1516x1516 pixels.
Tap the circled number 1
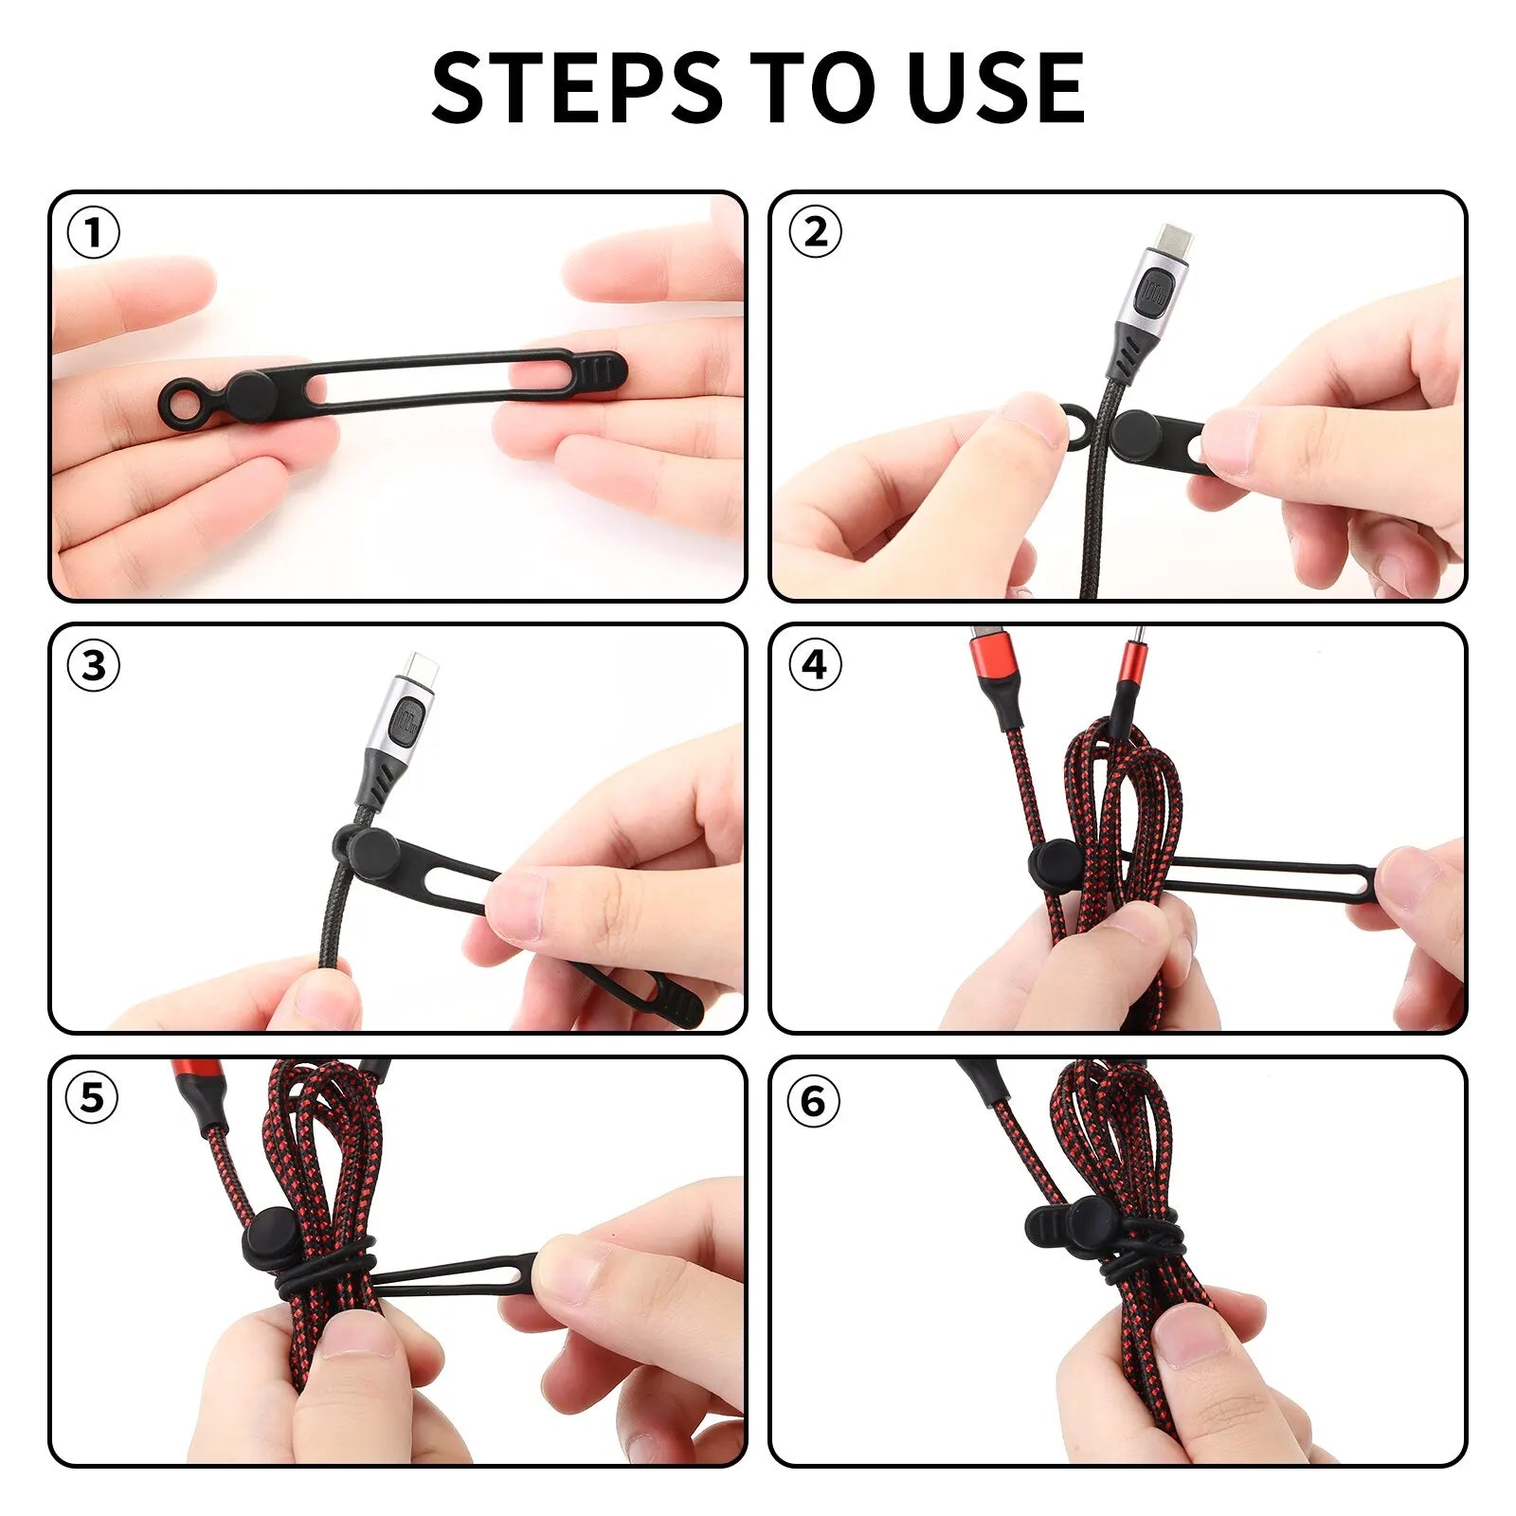point(94,233)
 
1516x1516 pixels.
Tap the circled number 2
point(815,233)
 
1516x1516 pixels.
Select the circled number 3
point(94,666)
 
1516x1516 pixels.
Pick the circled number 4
point(815,666)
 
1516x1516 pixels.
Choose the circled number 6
point(814,1102)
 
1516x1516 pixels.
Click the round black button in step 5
point(268,1236)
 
